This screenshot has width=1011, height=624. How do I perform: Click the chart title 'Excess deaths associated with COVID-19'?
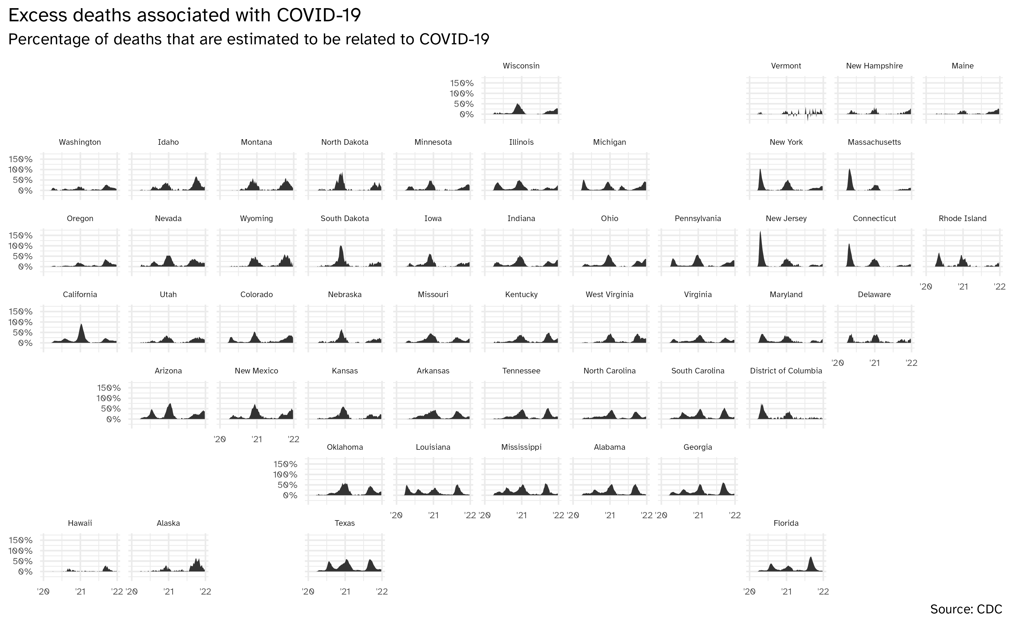tap(185, 15)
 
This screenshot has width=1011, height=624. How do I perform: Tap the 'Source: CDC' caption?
tap(966, 609)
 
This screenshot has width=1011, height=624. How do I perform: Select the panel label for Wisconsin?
tap(521, 66)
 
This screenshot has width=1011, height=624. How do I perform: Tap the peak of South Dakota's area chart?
tap(341, 246)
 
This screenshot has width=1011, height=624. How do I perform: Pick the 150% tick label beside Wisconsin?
tap(461, 83)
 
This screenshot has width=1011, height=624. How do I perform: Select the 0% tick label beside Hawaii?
tap(25, 572)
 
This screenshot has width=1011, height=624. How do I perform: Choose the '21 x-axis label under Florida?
tap(786, 591)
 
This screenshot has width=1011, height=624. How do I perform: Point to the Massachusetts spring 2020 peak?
tap(849, 169)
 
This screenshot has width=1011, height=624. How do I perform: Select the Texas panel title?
tap(344, 523)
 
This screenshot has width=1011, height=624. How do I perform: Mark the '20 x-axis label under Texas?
tap(308, 591)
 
